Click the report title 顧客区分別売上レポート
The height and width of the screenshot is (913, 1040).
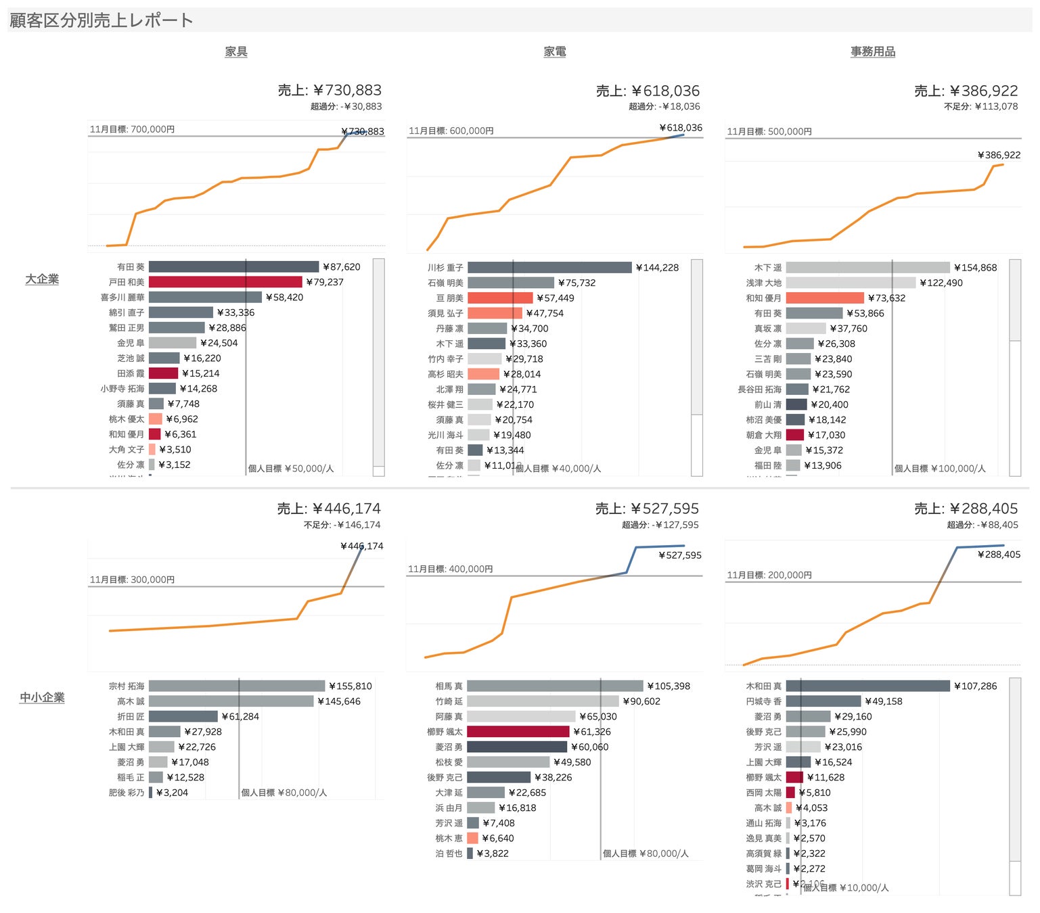(x=101, y=20)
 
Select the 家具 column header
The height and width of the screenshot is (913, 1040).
(x=236, y=51)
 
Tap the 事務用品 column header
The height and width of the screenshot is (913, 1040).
(x=873, y=51)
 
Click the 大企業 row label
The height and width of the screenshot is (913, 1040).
(x=42, y=279)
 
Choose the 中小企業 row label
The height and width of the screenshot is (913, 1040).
(x=42, y=697)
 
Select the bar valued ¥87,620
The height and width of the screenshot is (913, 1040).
(x=233, y=267)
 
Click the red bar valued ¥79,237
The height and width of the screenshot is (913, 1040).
(x=225, y=282)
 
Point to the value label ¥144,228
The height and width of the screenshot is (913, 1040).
(x=657, y=268)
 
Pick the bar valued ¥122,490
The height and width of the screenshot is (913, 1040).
(x=851, y=283)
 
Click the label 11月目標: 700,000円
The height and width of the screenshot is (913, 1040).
(x=132, y=129)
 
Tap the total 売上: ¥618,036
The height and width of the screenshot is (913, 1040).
(x=648, y=91)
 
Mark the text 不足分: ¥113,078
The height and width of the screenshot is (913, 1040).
(x=980, y=106)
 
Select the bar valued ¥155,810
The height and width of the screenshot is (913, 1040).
(x=237, y=686)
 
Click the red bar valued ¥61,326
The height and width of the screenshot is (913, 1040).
(x=518, y=732)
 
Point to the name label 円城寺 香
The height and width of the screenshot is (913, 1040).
(x=763, y=701)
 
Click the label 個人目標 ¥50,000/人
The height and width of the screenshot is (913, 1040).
(x=291, y=468)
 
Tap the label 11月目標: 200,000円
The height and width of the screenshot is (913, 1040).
(x=769, y=575)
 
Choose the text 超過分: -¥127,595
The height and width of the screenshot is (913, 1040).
(x=660, y=525)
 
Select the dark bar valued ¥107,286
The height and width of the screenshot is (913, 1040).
(x=867, y=686)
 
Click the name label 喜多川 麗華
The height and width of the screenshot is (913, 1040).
(x=122, y=298)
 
